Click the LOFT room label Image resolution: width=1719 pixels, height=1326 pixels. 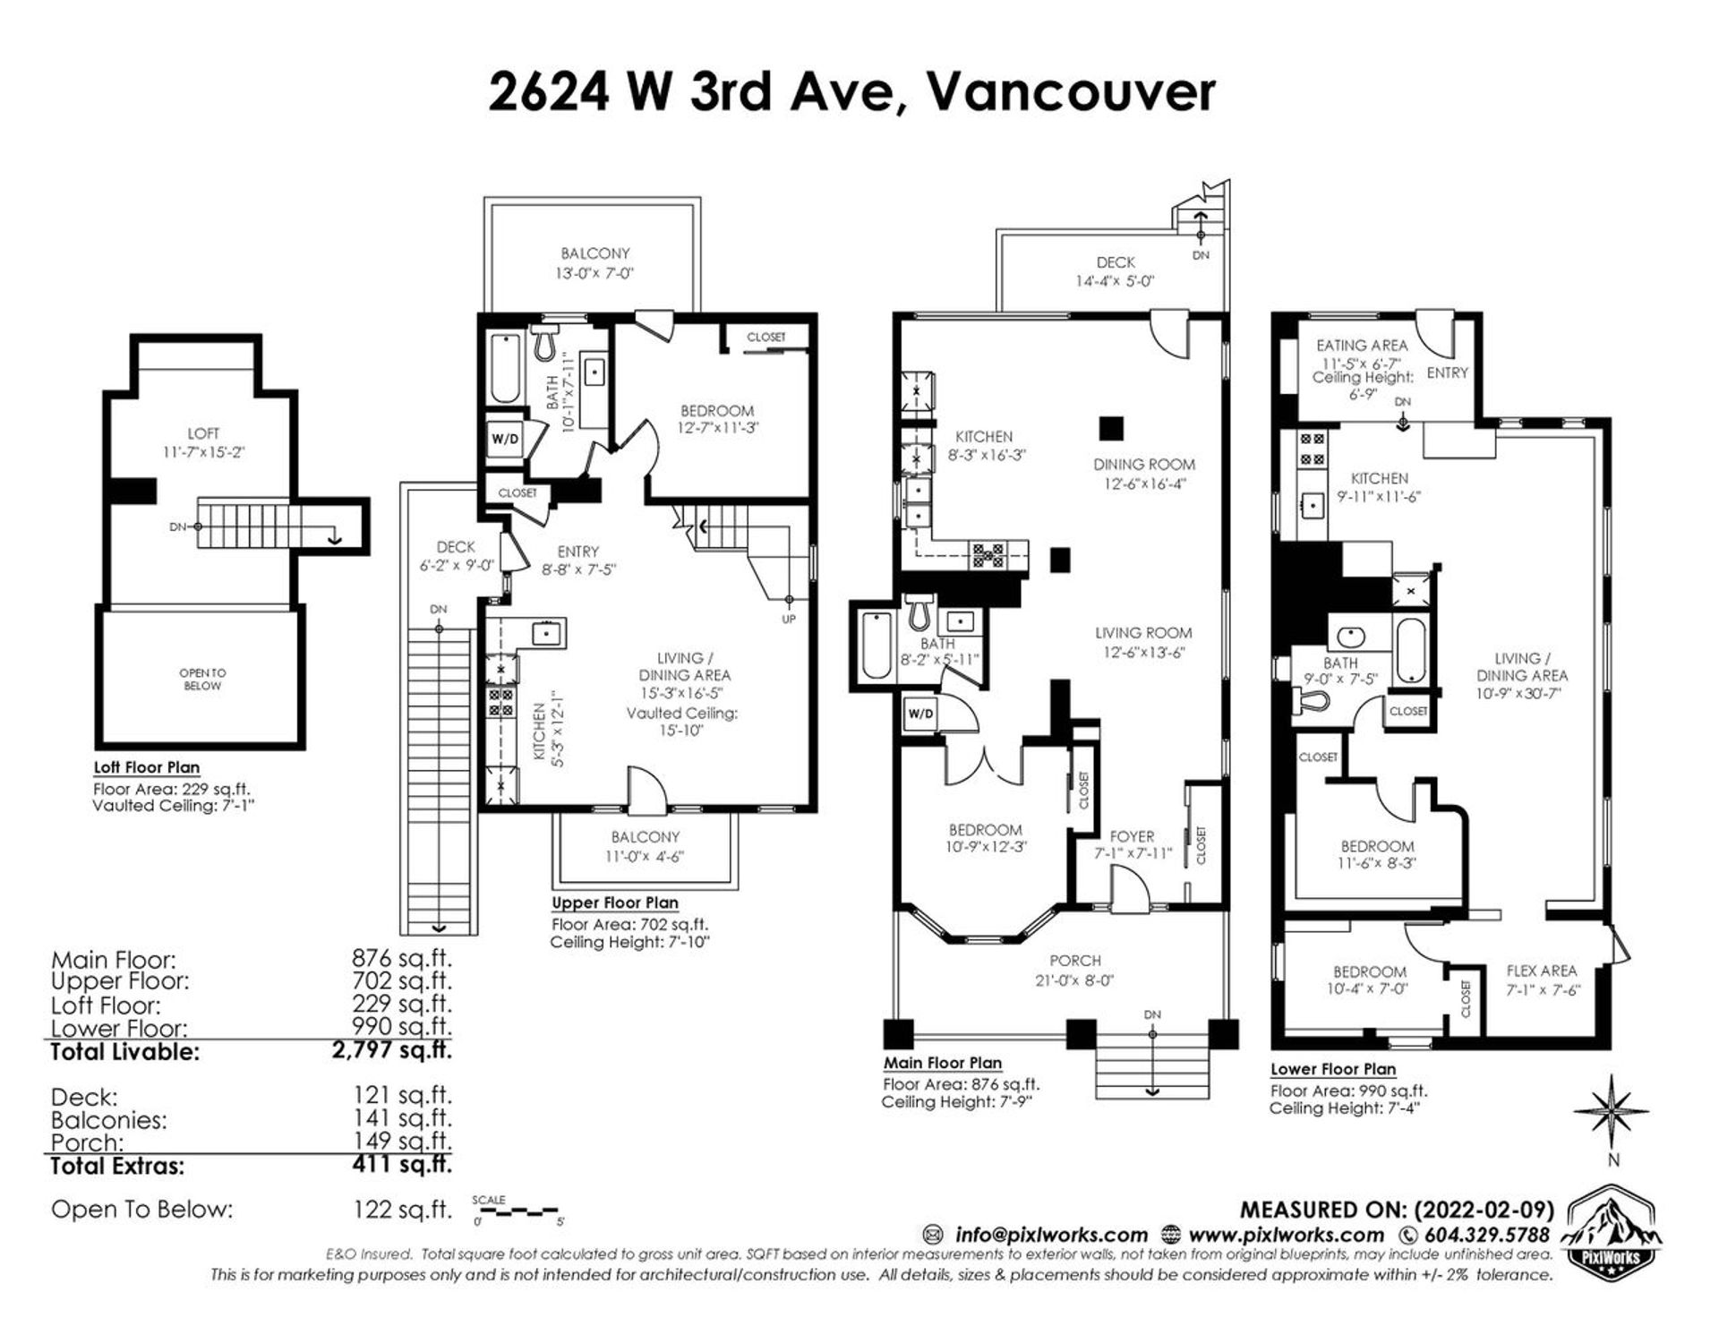[x=203, y=433]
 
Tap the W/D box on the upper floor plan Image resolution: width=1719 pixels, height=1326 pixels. [x=504, y=439]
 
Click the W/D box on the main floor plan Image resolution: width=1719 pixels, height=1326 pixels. [x=919, y=714]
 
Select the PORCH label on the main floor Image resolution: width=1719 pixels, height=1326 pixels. [x=1075, y=960]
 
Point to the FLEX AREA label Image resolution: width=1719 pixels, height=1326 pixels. [x=1542, y=971]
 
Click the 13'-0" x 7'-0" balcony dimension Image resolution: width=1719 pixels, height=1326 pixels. [x=595, y=273]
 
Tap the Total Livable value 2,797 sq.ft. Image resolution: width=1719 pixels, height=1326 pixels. [x=391, y=1050]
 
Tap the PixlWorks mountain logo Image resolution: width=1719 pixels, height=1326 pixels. [x=1611, y=1240]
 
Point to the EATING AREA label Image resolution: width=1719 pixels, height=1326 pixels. [x=1362, y=345]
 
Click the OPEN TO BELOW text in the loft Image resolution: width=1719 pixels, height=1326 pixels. [x=202, y=679]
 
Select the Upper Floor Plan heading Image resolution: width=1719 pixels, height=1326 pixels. [x=614, y=903]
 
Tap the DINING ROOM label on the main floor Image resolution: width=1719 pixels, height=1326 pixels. [x=1143, y=464]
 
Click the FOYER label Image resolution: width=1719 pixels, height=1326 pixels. [x=1132, y=836]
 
